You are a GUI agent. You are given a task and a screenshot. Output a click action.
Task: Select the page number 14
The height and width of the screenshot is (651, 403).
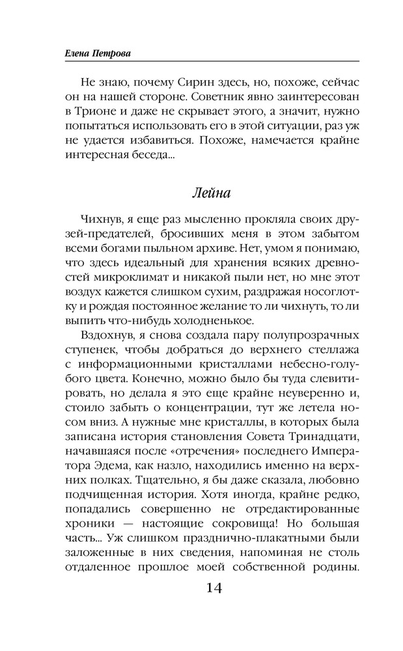coord(214,588)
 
